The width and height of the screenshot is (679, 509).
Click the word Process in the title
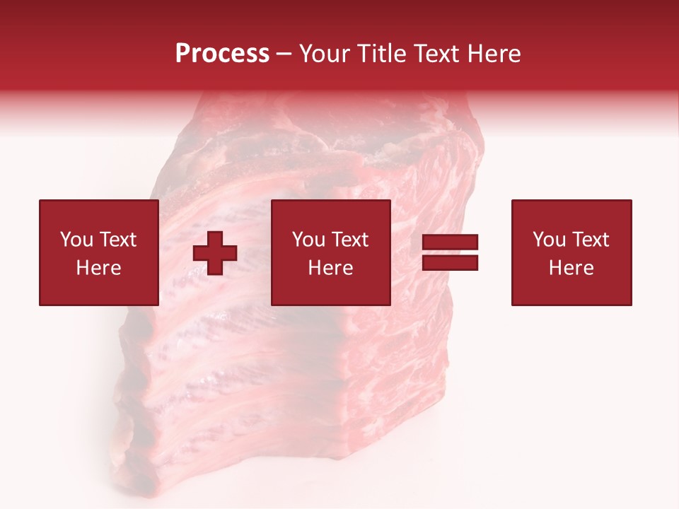222,54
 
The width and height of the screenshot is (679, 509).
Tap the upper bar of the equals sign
450,242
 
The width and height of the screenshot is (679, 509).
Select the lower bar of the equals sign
450,262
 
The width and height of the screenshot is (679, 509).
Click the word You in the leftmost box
76,240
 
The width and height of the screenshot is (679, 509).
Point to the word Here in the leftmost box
98,268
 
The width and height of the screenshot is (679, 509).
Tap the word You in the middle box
308,240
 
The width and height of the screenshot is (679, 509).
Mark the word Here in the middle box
330,268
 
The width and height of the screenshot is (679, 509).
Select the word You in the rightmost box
549,240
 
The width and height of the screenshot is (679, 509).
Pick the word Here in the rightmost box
571,268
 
